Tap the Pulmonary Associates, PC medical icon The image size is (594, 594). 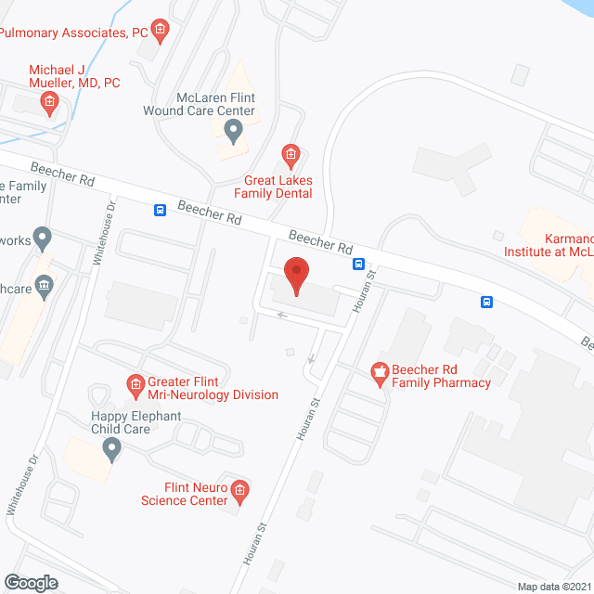click(160, 32)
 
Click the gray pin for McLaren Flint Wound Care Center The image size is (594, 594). click(233, 128)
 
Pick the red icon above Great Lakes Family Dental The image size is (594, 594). click(291, 153)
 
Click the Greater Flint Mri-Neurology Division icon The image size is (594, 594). click(135, 382)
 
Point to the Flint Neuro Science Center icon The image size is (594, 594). click(240, 489)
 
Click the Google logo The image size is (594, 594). click(30, 583)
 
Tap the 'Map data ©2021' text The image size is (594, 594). click(554, 587)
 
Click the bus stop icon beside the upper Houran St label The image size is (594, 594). click(358, 264)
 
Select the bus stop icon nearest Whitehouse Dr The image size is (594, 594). click(161, 211)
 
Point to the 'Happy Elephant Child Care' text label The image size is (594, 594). click(136, 422)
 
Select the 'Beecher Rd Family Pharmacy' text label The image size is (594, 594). click(441, 376)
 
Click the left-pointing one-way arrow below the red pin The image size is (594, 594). click(282, 316)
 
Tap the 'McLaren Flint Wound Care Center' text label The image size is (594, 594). click(217, 104)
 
